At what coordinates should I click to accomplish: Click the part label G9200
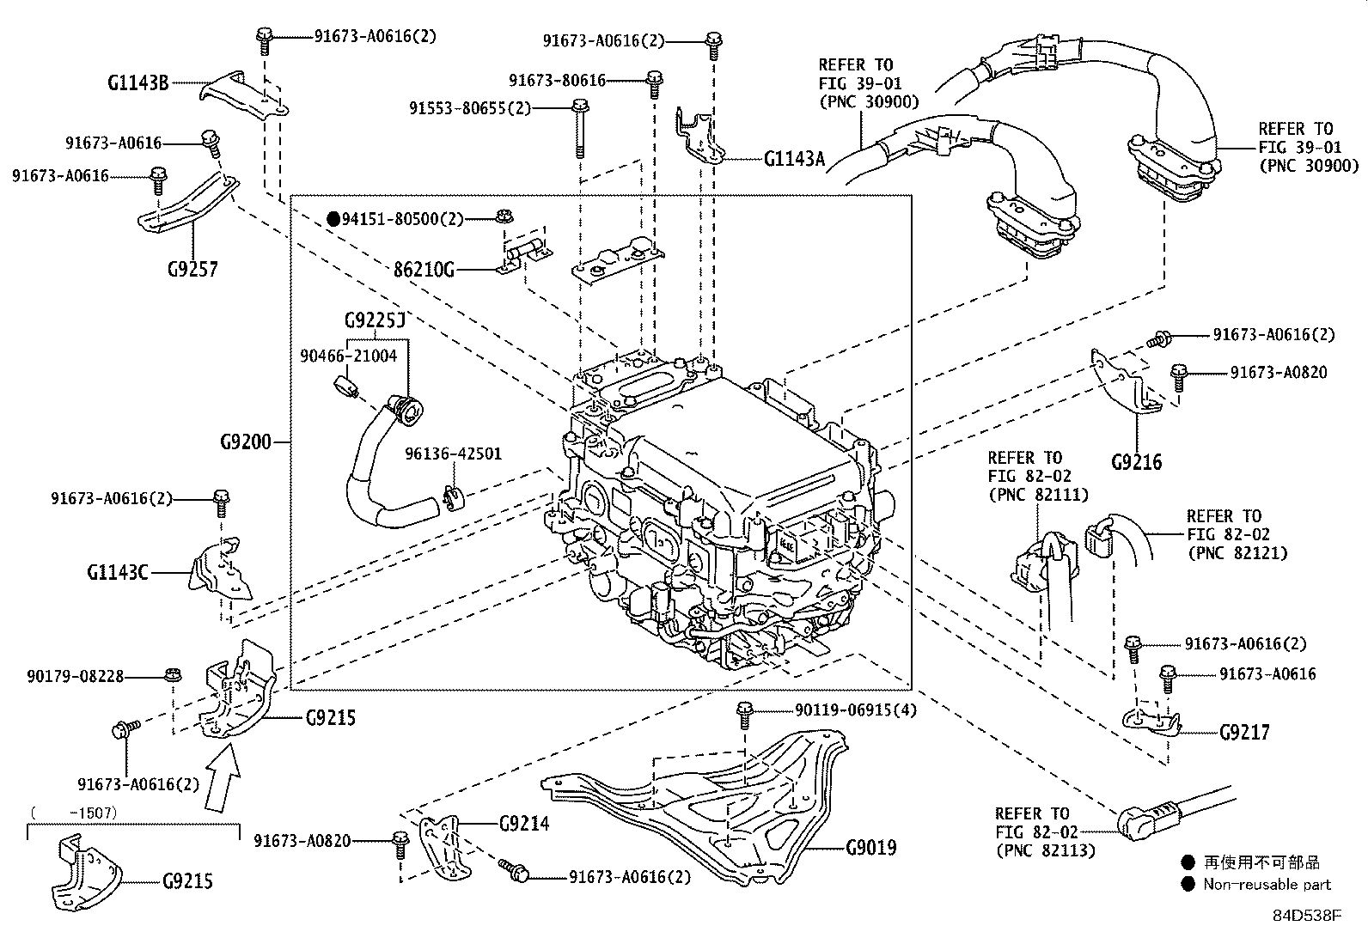click(x=245, y=442)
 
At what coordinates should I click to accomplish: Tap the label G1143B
click(x=137, y=83)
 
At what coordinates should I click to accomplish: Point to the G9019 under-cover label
click(x=870, y=848)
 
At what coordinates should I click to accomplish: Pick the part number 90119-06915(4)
click(x=843, y=710)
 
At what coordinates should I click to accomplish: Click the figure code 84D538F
click(x=1307, y=915)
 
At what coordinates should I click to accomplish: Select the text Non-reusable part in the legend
click(x=1267, y=884)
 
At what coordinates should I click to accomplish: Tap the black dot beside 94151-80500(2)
click(x=334, y=219)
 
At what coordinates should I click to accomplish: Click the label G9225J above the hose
click(x=374, y=321)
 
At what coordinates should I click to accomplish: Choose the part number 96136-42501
click(x=454, y=454)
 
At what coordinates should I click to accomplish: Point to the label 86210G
click(x=424, y=270)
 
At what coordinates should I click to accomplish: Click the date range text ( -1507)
click(x=74, y=812)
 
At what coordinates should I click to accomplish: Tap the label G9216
click(x=1136, y=462)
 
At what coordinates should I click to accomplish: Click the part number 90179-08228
click(x=75, y=677)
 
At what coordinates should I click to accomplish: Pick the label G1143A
click(x=794, y=158)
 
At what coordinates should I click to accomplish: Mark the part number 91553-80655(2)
click(x=470, y=108)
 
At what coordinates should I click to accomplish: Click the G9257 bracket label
click(x=192, y=269)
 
